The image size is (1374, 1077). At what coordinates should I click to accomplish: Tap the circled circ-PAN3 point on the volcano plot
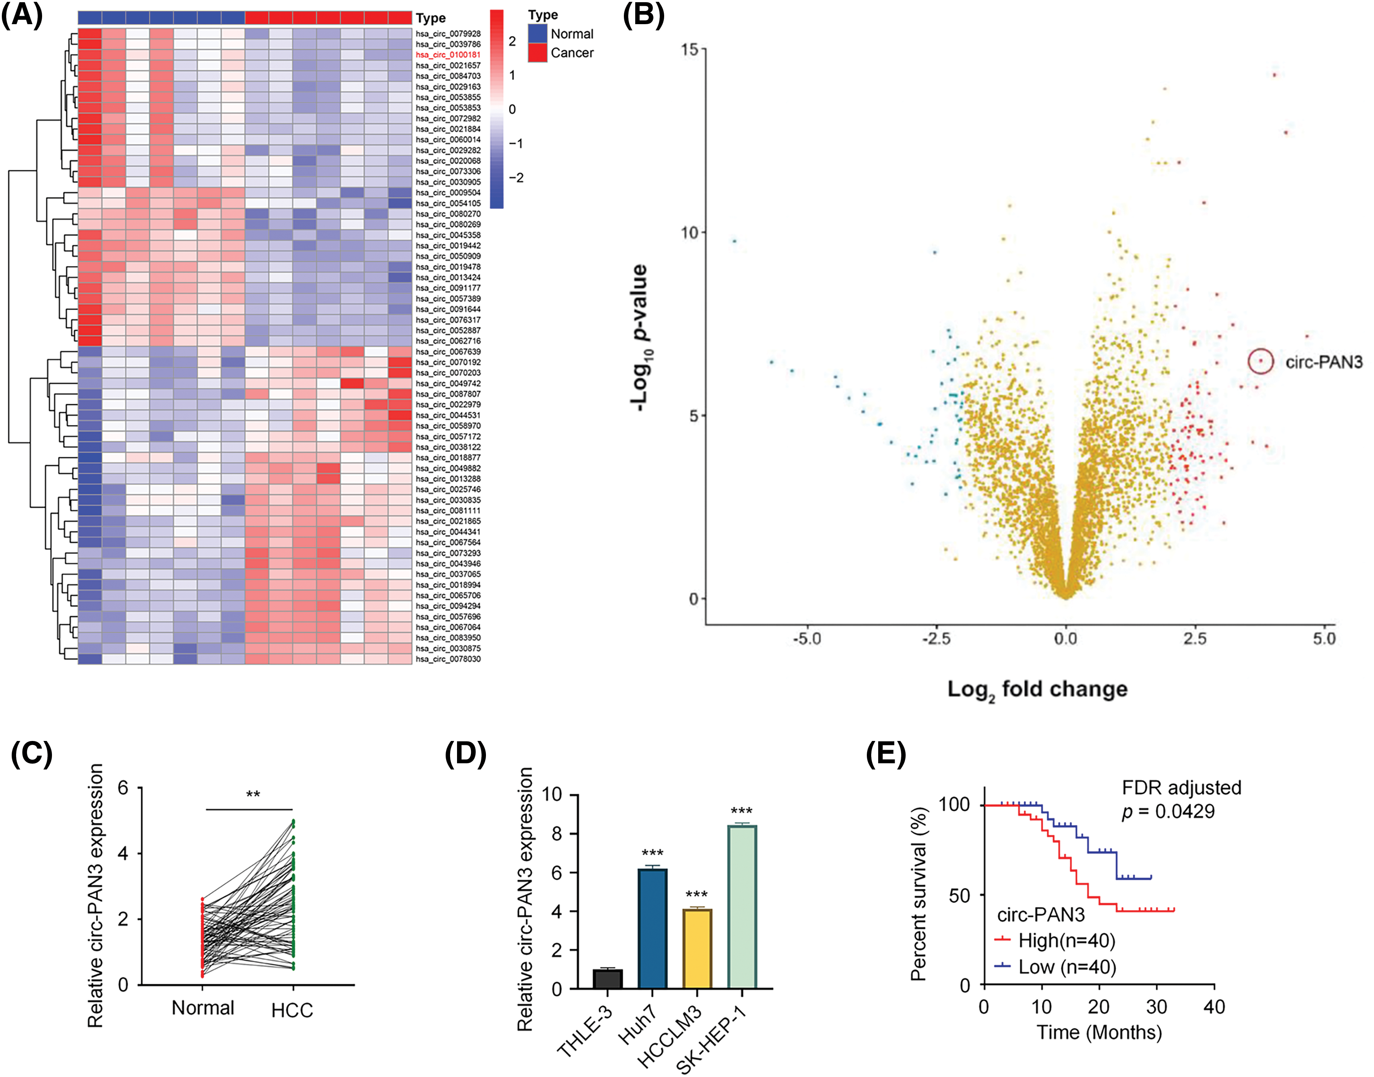coord(1261,361)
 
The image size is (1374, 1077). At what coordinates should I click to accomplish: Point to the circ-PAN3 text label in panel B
coord(1324,362)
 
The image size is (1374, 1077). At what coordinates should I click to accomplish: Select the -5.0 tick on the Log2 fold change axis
coord(807,639)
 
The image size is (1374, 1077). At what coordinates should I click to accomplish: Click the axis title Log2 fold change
coord(1037,689)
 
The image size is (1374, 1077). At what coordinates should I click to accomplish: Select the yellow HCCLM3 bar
coord(697,949)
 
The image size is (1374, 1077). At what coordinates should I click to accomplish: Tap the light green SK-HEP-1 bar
coord(742,907)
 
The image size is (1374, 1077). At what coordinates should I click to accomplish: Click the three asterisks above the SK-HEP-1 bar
coord(742,811)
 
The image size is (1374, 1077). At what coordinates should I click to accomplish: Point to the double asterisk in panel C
coord(253,794)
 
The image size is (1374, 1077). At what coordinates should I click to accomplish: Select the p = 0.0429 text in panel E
coord(1168,812)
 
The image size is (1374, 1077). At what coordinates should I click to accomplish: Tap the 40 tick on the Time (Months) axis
coord(1214,1007)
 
